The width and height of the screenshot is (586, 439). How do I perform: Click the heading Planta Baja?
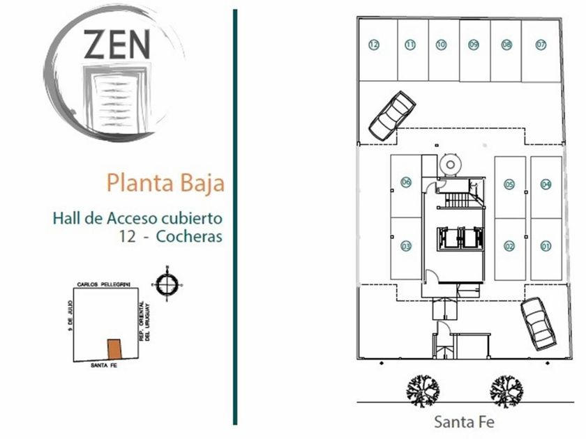tap(165, 183)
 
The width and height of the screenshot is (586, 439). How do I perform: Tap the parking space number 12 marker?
tap(374, 45)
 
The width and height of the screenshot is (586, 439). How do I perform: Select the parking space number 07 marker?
tap(541, 45)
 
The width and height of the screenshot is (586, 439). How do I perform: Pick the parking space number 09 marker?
tap(474, 45)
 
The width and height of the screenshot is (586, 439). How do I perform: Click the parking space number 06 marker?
tap(406, 183)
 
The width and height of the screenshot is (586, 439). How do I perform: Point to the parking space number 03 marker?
tap(406, 245)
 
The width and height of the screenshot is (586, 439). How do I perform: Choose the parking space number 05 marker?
tap(509, 184)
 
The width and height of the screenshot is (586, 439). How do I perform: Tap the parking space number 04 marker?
tap(546, 184)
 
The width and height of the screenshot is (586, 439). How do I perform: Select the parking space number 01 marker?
tap(546, 245)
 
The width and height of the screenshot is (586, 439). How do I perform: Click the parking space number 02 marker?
tap(509, 245)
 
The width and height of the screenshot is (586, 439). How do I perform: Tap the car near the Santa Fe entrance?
tap(538, 321)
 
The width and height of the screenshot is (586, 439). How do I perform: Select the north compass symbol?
tap(167, 284)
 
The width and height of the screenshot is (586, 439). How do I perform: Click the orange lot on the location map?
tap(114, 348)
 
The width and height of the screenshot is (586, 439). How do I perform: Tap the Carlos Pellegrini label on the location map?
tap(110, 286)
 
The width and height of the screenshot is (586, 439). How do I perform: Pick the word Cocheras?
tap(189, 236)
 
